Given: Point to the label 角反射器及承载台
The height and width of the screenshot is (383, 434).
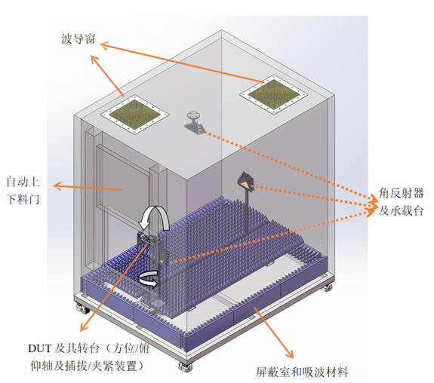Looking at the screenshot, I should coord(401,202).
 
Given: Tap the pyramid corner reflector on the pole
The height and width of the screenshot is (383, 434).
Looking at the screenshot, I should coord(246,181).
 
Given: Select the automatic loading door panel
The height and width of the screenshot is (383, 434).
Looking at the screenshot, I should coord(125,181).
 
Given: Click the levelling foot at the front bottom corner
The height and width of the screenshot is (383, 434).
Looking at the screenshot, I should coord(183,367).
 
